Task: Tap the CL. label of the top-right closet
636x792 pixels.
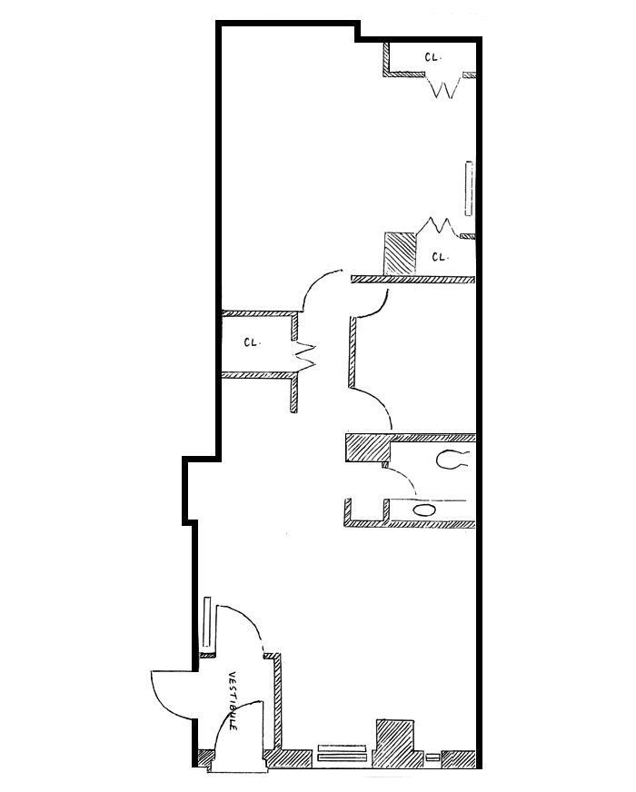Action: tap(432, 57)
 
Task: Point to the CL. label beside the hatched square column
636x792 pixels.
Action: tap(440, 257)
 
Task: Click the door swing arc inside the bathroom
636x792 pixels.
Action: tap(400, 481)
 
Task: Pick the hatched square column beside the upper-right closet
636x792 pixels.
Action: tap(399, 254)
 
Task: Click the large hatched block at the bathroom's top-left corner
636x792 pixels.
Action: tap(367, 449)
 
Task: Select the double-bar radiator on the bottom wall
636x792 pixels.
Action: tap(342, 753)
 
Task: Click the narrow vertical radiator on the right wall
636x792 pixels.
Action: tap(469, 189)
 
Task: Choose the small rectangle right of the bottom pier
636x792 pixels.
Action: tap(432, 756)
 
